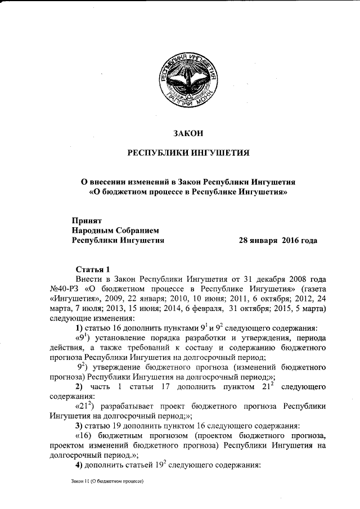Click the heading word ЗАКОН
pos(186,133)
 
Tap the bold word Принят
pos(86,220)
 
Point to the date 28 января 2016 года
pos(278,241)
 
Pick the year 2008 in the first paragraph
pos(285,278)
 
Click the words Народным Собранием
pos(115,231)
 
